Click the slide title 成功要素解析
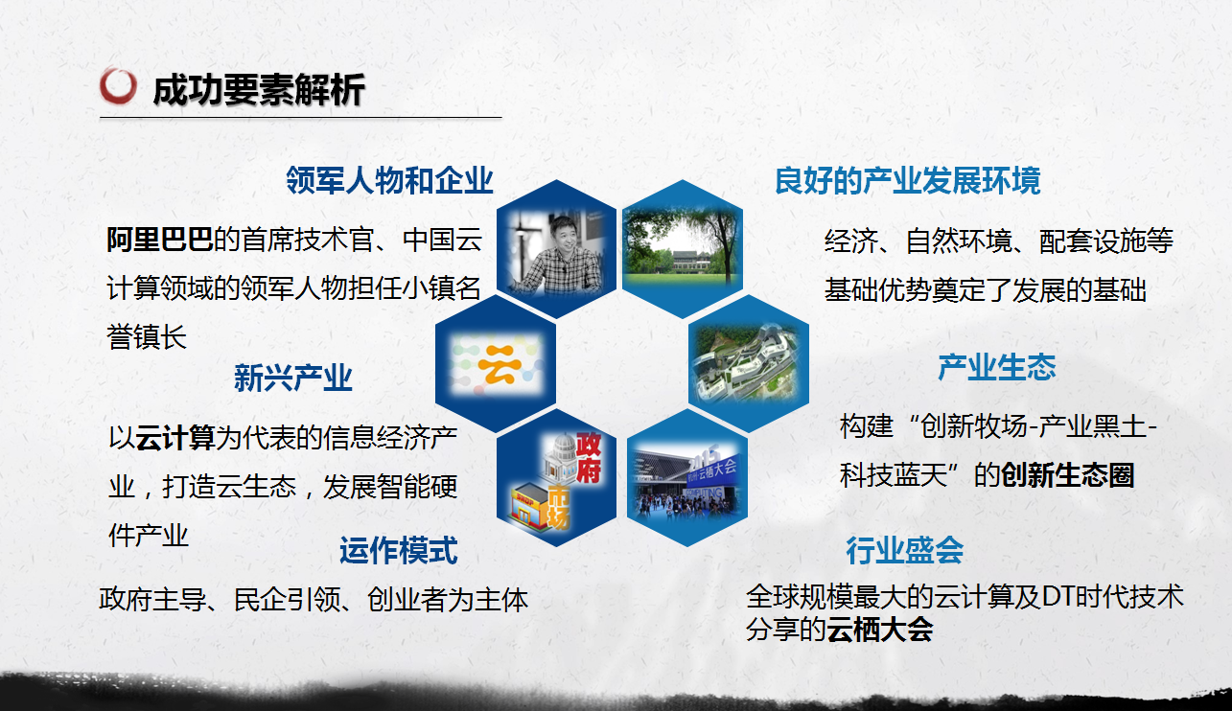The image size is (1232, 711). click(259, 90)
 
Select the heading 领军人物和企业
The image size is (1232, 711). click(389, 180)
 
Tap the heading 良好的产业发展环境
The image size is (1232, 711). click(908, 180)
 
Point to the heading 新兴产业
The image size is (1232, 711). click(293, 378)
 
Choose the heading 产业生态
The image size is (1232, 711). click(996, 367)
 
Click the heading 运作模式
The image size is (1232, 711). click(398, 550)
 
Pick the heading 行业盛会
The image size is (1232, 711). click(905, 550)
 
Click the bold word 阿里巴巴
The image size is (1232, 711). click(159, 240)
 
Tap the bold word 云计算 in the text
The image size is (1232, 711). click(174, 438)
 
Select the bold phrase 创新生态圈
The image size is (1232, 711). click(1067, 475)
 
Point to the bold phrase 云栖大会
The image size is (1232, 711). click(880, 630)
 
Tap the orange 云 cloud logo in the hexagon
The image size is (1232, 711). click(497, 363)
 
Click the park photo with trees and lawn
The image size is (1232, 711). click(682, 246)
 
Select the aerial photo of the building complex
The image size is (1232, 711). click(748, 362)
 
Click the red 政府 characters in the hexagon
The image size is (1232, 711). click(589, 457)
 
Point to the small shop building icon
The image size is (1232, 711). click(529, 506)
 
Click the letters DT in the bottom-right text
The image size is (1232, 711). click(1058, 597)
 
